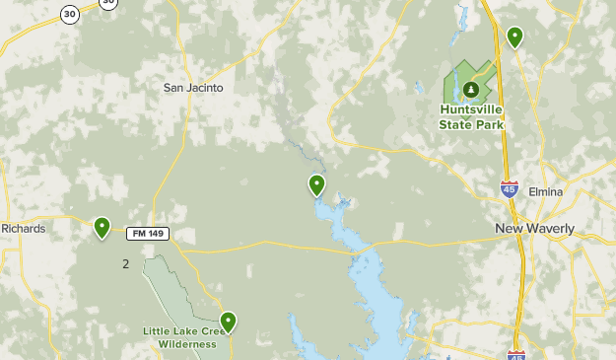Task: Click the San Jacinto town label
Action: pyautogui.click(x=193, y=88)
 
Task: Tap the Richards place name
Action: pyautogui.click(x=24, y=229)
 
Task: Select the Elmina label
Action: pyautogui.click(x=545, y=191)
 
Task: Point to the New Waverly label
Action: pyautogui.click(x=534, y=229)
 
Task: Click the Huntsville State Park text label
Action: pyautogui.click(x=471, y=118)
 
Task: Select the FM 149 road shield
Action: pyautogui.click(x=147, y=234)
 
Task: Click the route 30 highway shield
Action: pyautogui.click(x=69, y=14)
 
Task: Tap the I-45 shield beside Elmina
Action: pyautogui.click(x=509, y=188)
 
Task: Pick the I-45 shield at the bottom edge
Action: pyautogui.click(x=517, y=354)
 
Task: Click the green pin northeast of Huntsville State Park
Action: pyautogui.click(x=514, y=37)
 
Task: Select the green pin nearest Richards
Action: pyautogui.click(x=102, y=228)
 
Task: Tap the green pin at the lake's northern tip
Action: pyautogui.click(x=316, y=184)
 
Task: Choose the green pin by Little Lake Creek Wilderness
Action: pyautogui.click(x=229, y=322)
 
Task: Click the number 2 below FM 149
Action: pyautogui.click(x=125, y=263)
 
